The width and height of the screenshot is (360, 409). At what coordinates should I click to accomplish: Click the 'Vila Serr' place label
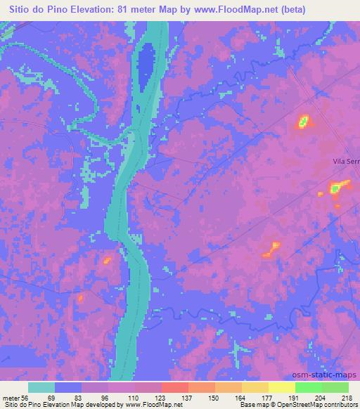pyautogui.click(x=345, y=162)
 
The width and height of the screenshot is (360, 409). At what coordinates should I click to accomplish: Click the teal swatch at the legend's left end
pyautogui.click(x=41, y=387)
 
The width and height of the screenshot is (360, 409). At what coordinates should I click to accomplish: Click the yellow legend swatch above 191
pyautogui.click(x=282, y=387)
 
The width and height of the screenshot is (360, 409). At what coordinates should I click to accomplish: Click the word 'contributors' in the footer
pyautogui.click(x=340, y=405)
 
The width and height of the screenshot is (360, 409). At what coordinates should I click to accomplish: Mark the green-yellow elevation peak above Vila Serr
pyautogui.click(x=303, y=122)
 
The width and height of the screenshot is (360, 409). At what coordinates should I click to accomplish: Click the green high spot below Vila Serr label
pyautogui.click(x=337, y=188)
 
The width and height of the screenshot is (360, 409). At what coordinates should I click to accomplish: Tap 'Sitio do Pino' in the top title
pyautogui.click(x=37, y=10)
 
